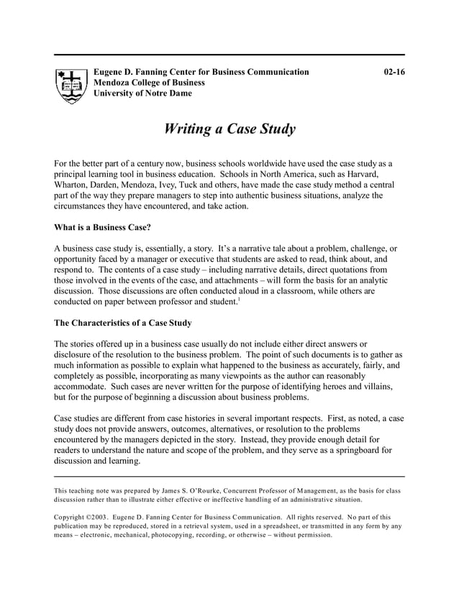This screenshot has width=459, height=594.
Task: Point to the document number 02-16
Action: [x=394, y=72]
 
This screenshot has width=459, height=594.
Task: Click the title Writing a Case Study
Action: [x=229, y=129]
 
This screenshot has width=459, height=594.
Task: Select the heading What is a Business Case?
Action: [x=102, y=227]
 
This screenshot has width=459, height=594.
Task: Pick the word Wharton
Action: [x=73, y=185]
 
